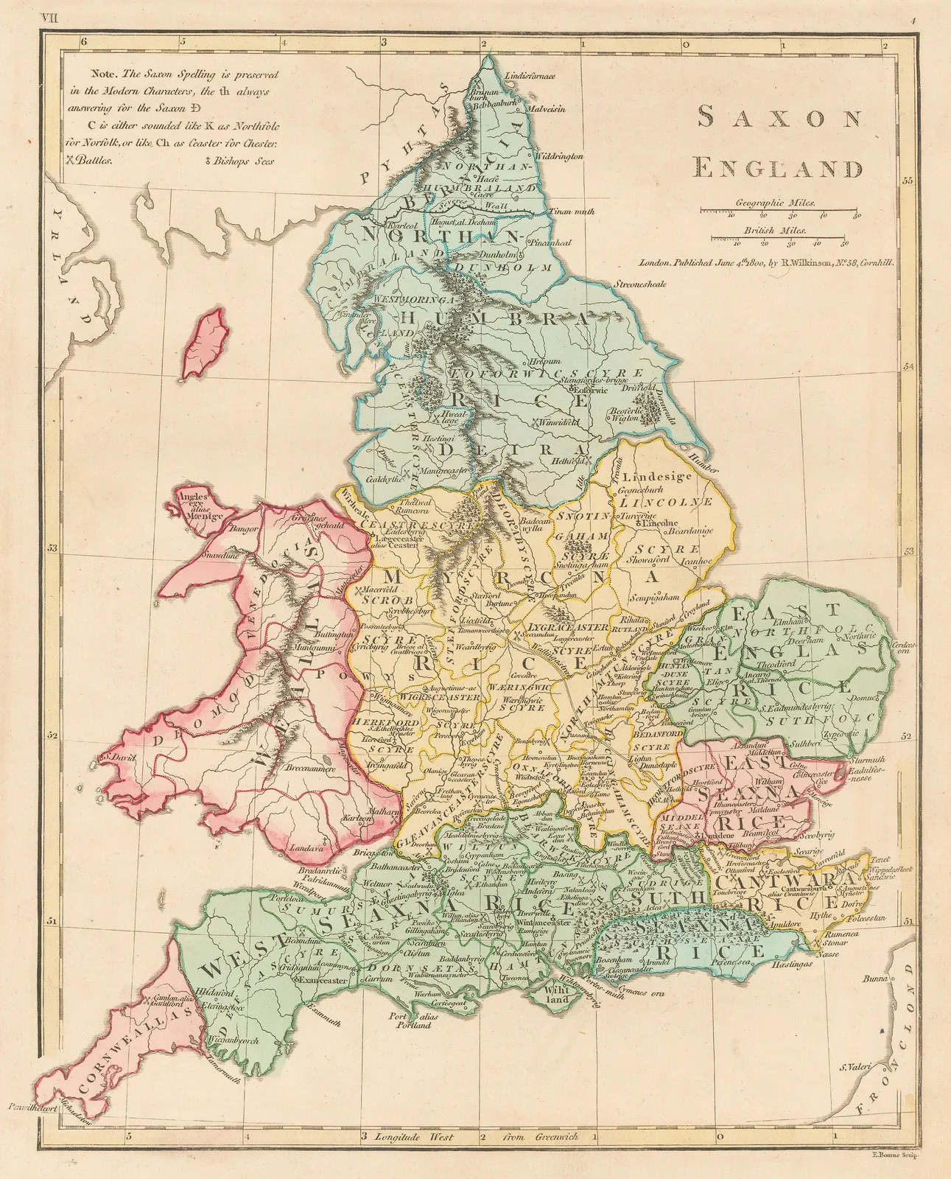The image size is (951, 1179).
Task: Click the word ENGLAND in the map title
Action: pyautogui.click(x=779, y=168)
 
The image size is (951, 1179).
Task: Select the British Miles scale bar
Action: pyautogui.click(x=779, y=239)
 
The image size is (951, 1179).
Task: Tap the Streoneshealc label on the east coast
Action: pyautogui.click(x=640, y=284)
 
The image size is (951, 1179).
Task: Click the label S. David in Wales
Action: pyautogui.click(x=119, y=755)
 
